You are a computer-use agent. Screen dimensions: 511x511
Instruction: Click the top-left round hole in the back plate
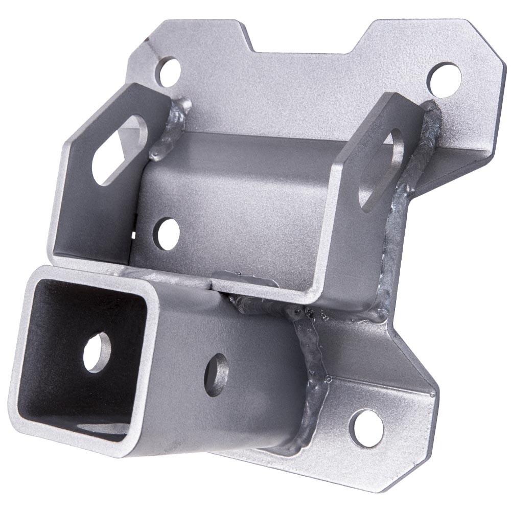168,72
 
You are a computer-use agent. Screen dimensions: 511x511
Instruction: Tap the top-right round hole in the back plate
444,79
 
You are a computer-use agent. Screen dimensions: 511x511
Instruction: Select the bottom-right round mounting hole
366,428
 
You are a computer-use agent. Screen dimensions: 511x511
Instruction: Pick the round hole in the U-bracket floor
167,234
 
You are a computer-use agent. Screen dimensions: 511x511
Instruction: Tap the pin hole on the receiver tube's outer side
216,375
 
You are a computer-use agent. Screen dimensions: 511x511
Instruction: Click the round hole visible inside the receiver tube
97,352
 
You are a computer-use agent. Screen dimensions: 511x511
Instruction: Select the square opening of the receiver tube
82,358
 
